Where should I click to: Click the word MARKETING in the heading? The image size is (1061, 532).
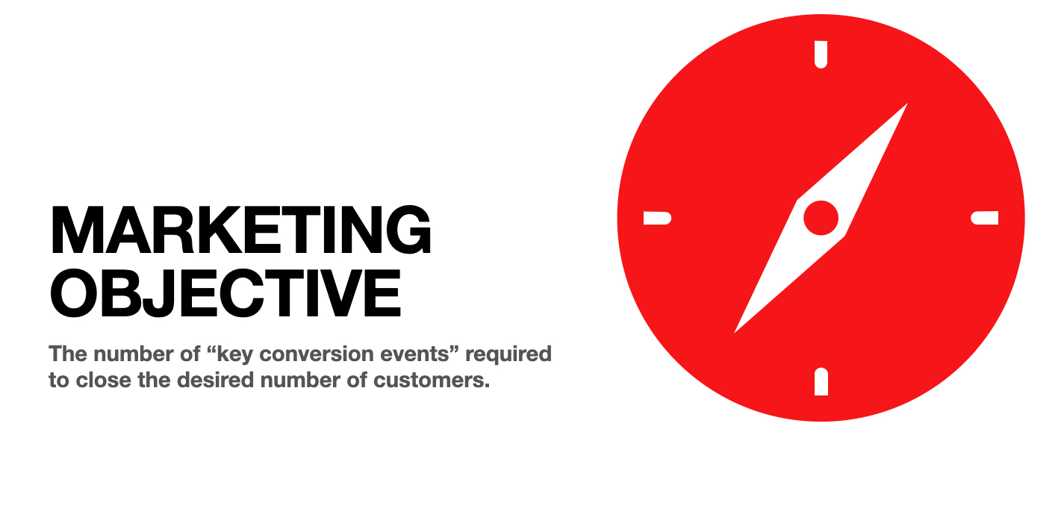[240, 230]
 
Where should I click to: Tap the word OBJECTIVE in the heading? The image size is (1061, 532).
[225, 293]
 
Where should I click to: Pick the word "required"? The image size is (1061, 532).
[508, 355]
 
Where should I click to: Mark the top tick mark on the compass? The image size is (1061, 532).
[821, 54]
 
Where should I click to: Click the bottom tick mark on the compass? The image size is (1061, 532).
[821, 381]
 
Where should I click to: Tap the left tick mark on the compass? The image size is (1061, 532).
[658, 218]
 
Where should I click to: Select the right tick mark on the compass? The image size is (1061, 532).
[985, 218]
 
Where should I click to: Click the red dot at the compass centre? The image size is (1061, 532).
[821, 218]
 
